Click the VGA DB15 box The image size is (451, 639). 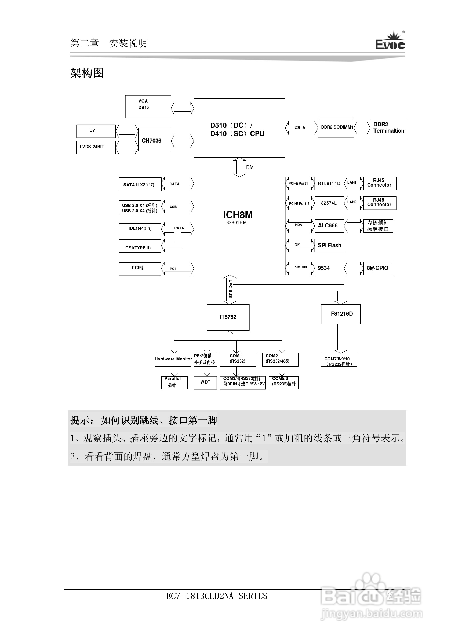pos(148,107)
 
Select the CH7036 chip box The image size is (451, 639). pos(155,140)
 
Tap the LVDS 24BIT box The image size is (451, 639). pos(96,147)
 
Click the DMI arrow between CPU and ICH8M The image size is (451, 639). pos(239,167)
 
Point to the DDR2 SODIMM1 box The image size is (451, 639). pos(336,128)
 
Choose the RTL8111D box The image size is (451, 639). pos(329,183)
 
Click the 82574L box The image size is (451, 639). pos(329,203)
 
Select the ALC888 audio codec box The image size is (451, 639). pos(329,226)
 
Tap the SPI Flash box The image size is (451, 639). pos(329,246)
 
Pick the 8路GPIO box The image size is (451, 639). pos(378,268)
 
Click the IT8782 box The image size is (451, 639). pos(228,317)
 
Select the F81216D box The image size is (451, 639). pos(340,314)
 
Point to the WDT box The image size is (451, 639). pos(205,382)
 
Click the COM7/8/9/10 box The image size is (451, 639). pos(339,360)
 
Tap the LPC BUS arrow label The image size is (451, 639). pos(230,289)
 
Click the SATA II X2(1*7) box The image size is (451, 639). pos(140,184)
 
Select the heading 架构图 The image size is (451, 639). pos(87,73)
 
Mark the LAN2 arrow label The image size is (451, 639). pos(352,202)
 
